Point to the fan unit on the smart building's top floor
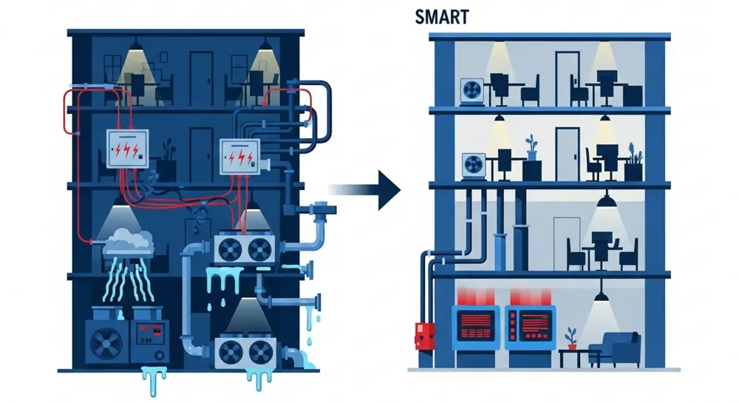[x=471, y=89]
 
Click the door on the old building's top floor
[x=201, y=77]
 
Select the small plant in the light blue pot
[x=531, y=148]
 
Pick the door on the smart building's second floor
[x=566, y=152]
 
